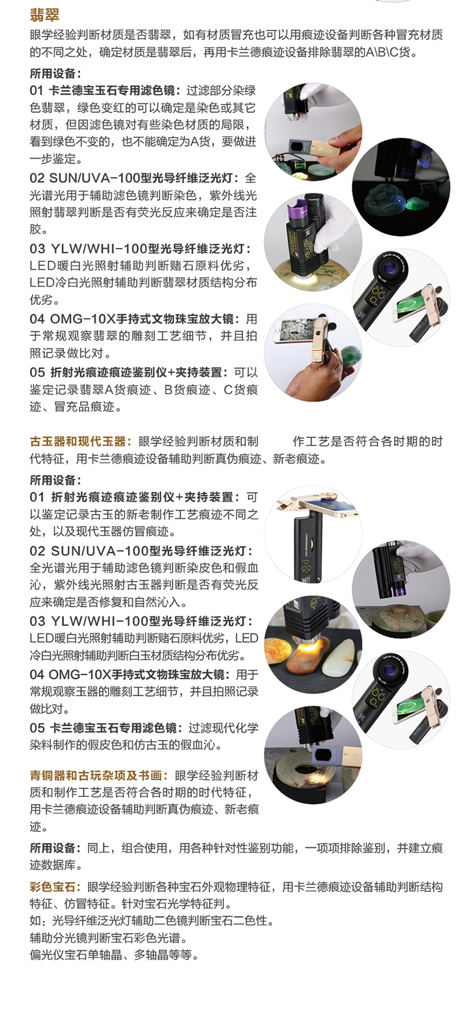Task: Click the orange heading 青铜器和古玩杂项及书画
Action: (97, 775)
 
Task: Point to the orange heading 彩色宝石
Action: (55, 887)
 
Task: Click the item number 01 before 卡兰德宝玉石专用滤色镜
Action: (37, 90)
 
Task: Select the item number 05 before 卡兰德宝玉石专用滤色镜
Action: (37, 728)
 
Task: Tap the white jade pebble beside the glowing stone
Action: (339, 658)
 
